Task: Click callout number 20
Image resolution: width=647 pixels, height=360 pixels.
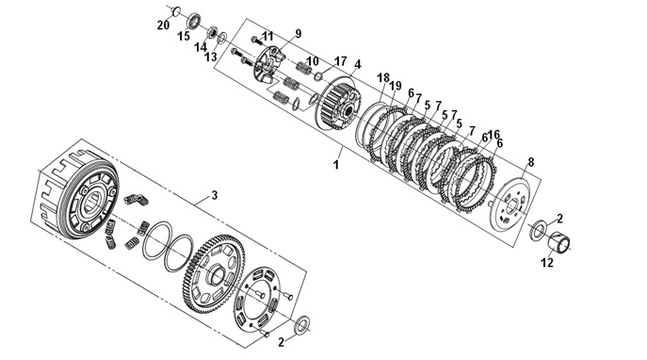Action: coord(164,25)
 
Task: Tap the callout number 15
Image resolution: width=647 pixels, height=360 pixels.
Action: coord(184,37)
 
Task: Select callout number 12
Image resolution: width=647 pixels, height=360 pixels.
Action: coord(547,262)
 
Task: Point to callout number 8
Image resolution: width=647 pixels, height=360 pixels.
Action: coord(530,162)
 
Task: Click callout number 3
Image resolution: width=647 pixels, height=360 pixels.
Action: coord(214,195)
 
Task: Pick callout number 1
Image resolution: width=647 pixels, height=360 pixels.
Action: coord(336,164)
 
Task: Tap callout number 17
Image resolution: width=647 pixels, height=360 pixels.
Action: coord(340,62)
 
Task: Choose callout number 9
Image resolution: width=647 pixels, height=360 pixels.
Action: coord(298,34)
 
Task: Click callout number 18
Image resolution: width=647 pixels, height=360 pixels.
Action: coord(383,77)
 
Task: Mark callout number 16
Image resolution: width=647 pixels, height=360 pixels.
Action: coord(493,135)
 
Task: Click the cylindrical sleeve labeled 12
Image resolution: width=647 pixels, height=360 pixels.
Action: coord(560,241)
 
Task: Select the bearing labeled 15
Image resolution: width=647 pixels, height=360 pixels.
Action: coord(194,21)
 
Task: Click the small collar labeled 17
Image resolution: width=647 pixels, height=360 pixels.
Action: coord(318,76)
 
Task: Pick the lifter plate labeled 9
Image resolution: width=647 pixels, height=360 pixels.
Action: coord(268,67)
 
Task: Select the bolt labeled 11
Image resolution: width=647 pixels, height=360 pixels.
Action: coord(256,41)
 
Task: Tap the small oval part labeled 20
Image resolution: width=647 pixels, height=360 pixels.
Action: coord(175,10)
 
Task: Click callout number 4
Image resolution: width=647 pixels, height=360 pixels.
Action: coord(357,64)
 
